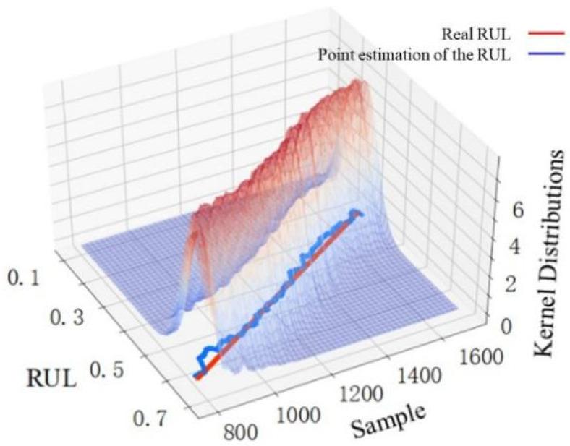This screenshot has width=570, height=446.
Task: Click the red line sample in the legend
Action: click(x=537, y=33)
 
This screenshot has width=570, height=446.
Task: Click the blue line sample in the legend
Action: click(x=537, y=56)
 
